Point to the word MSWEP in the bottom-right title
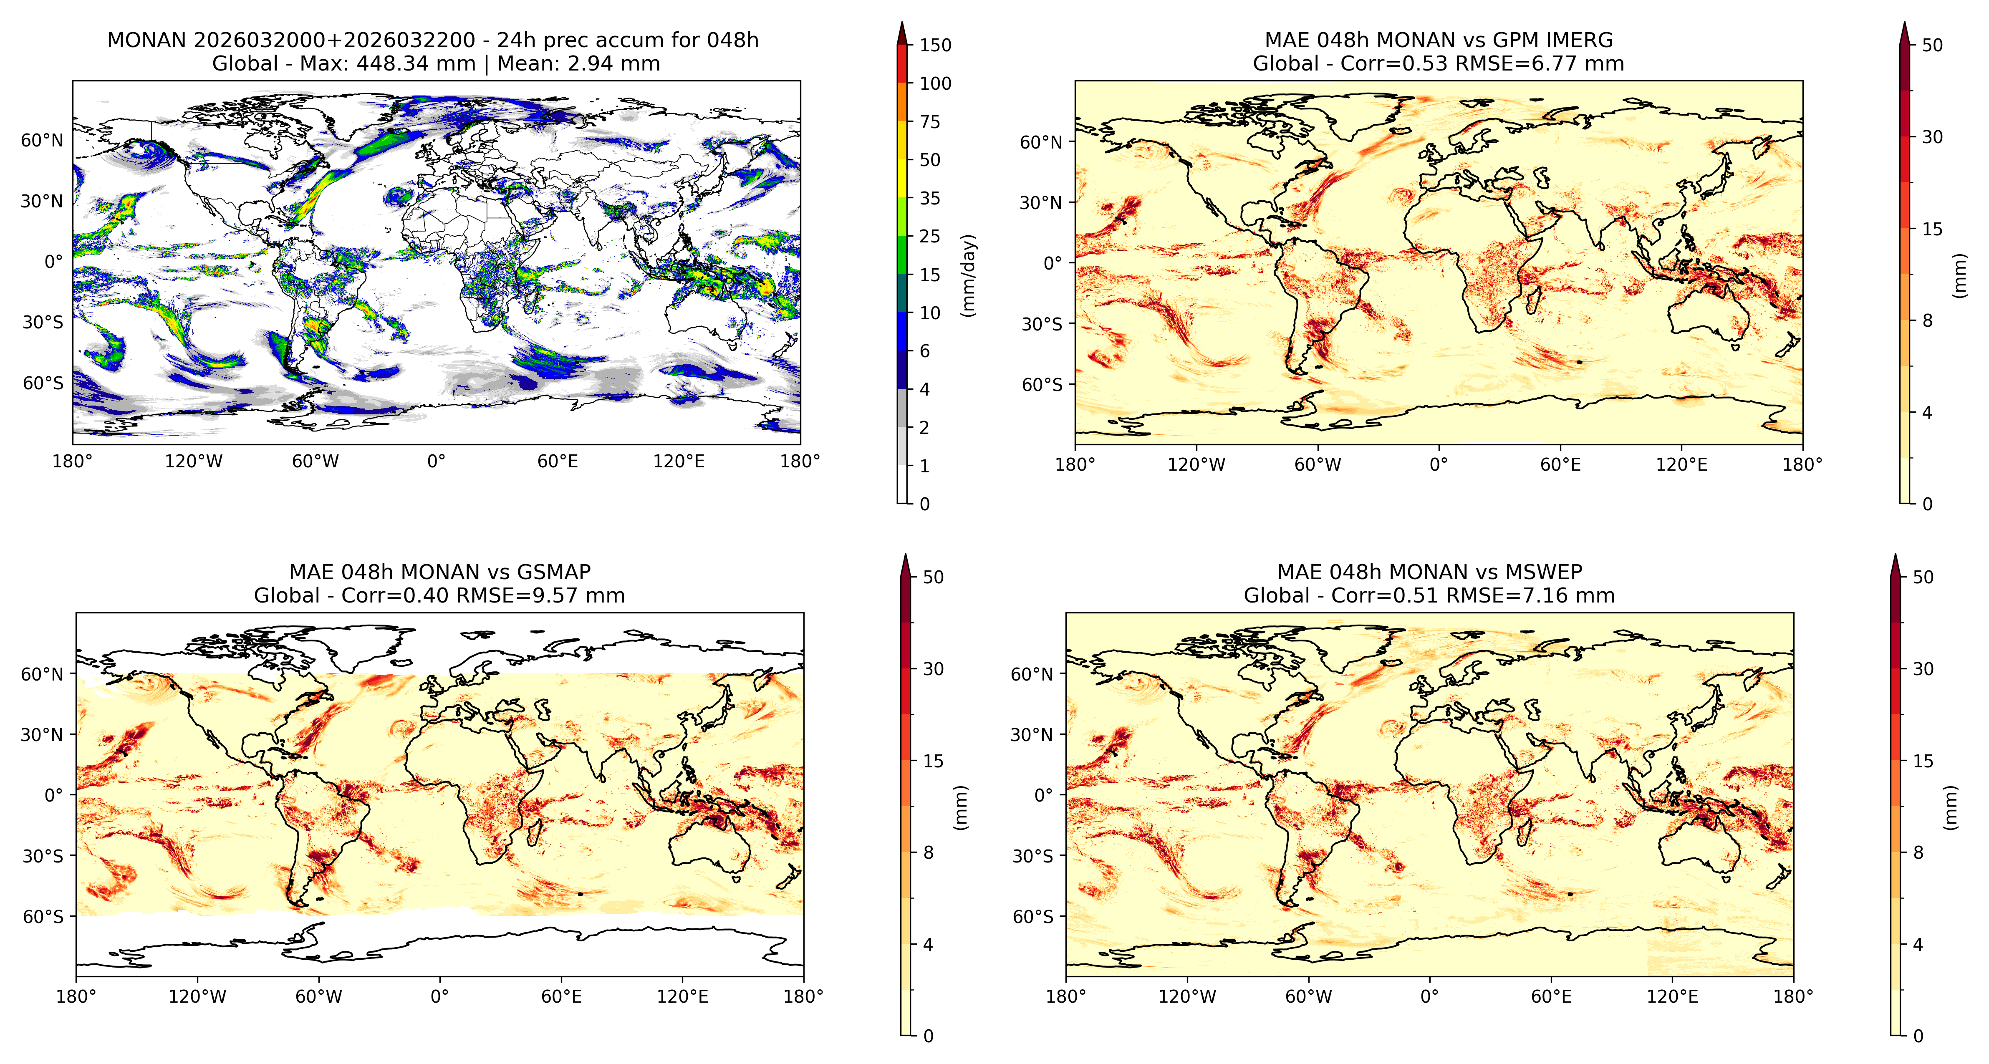(1544, 572)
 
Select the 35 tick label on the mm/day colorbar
(930, 199)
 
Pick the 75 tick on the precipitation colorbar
(930, 122)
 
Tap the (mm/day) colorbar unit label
(968, 276)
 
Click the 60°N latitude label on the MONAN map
(42, 141)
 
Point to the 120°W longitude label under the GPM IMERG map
(1196, 465)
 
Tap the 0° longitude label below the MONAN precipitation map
(436, 462)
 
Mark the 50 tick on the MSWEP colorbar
(1923, 577)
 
